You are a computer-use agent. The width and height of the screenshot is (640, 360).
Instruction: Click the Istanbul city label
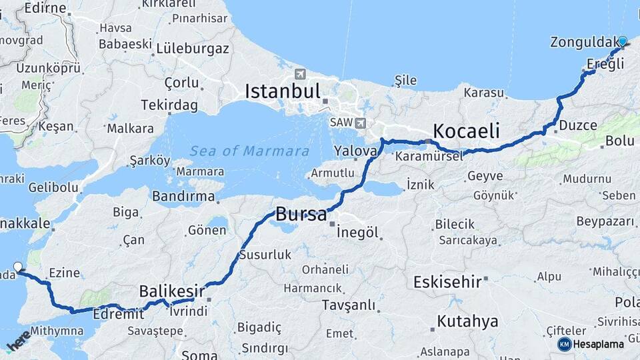click(283, 91)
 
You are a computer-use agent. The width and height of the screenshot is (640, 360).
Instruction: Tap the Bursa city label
click(301, 215)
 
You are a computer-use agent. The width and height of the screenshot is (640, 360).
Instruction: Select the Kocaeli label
click(466, 131)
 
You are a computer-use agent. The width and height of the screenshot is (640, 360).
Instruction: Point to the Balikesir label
click(171, 291)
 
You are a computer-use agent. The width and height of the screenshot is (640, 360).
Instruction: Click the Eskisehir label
click(447, 282)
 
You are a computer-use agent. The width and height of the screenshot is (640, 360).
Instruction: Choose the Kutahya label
click(467, 321)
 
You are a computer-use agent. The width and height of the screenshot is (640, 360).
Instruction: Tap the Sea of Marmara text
click(249, 151)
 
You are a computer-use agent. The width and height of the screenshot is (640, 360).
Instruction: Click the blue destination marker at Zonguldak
click(623, 41)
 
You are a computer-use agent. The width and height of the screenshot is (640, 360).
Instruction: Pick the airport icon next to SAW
click(361, 123)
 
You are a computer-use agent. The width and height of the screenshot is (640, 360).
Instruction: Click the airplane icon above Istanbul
click(299, 73)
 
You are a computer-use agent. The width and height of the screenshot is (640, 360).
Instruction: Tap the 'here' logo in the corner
click(18, 339)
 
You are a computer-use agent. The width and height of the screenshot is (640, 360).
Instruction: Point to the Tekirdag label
click(169, 105)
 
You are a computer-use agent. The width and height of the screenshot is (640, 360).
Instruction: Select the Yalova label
click(355, 151)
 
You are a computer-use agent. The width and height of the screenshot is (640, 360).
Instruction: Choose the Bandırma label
click(183, 196)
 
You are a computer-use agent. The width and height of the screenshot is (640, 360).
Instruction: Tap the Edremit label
click(119, 313)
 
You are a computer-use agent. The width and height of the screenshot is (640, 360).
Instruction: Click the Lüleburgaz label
click(193, 48)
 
